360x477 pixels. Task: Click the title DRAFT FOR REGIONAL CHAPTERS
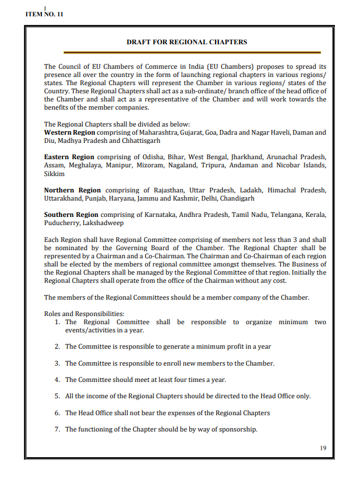tap(186, 42)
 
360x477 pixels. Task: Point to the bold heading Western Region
tap(69, 132)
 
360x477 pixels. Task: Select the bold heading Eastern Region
tap(69, 157)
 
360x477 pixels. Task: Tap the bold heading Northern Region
tap(72, 190)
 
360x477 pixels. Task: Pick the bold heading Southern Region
tap(71, 215)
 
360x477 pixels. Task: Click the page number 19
tap(323, 448)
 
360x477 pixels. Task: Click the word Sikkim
tap(54, 174)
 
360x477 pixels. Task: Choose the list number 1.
tap(57, 322)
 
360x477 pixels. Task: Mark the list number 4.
tap(57, 380)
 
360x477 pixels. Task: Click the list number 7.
tap(57, 429)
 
